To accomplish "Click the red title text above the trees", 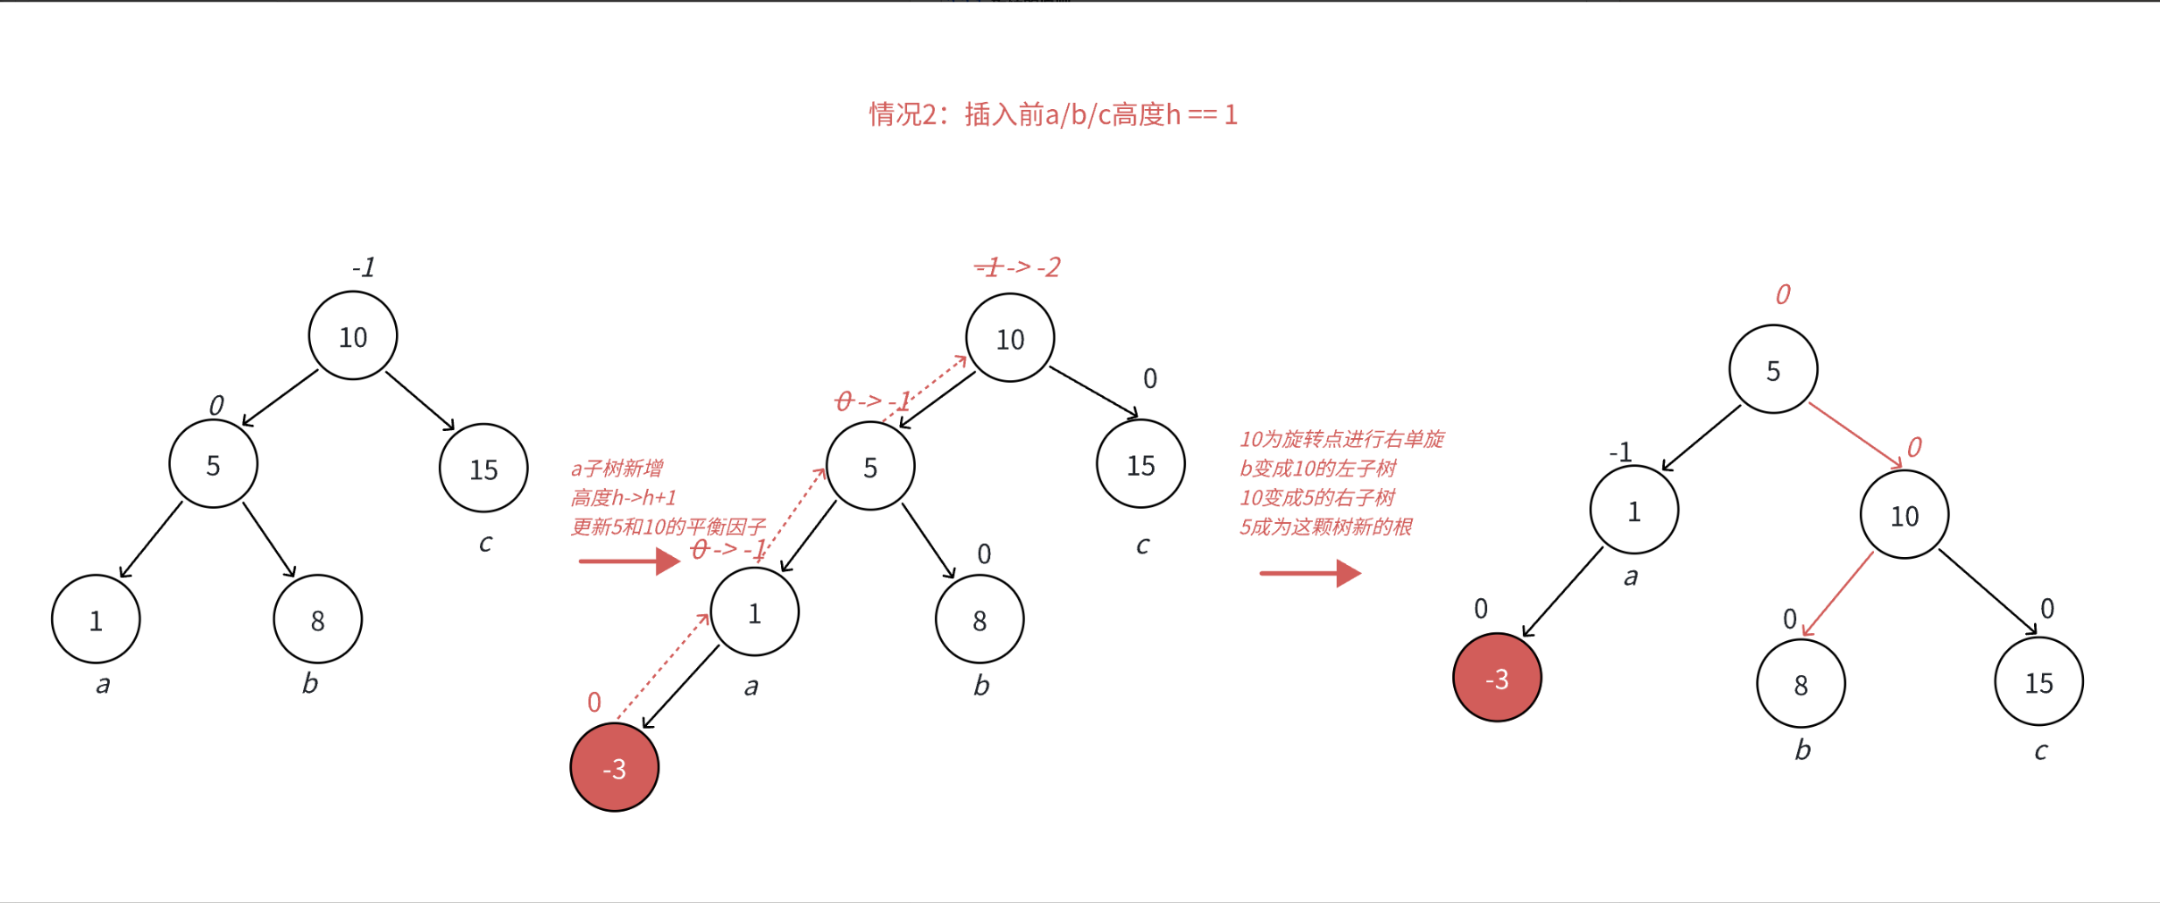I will point(1053,114).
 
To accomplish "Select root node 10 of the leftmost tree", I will point(353,336).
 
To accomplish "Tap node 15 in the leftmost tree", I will point(483,468).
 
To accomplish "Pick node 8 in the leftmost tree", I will point(317,620).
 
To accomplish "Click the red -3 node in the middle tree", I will point(615,768).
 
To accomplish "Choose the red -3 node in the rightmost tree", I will point(1497,679).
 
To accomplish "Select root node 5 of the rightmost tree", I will point(1773,370).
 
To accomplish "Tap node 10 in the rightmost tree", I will point(1904,515).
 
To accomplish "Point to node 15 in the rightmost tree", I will point(2038,682).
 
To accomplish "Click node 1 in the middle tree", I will point(754,612).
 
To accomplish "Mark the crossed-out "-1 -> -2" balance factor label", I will point(1017,266).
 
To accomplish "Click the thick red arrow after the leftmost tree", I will point(629,561).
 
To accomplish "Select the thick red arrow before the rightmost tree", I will point(1309,573).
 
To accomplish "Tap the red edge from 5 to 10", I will point(1855,435).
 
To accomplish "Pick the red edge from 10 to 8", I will point(1838,595).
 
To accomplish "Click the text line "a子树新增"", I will point(617,468).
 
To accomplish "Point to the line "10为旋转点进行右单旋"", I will point(1341,439).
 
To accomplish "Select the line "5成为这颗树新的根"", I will point(1325,527).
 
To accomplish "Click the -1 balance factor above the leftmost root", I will point(363,267).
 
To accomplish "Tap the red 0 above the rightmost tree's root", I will point(1782,294).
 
